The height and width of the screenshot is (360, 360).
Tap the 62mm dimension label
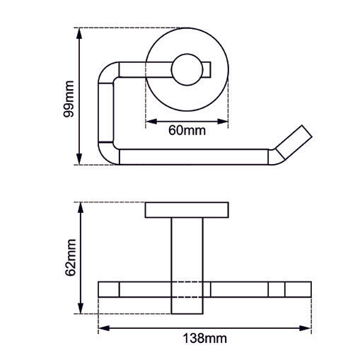(x=69, y=258)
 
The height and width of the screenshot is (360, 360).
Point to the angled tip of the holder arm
(x=294, y=144)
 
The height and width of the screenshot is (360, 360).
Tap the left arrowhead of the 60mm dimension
(x=149, y=121)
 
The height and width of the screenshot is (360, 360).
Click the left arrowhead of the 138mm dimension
(x=102, y=328)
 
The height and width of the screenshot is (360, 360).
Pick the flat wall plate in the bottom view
(x=187, y=210)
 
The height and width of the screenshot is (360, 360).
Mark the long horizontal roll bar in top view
(x=194, y=156)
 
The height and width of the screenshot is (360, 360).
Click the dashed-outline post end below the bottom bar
(x=187, y=305)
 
